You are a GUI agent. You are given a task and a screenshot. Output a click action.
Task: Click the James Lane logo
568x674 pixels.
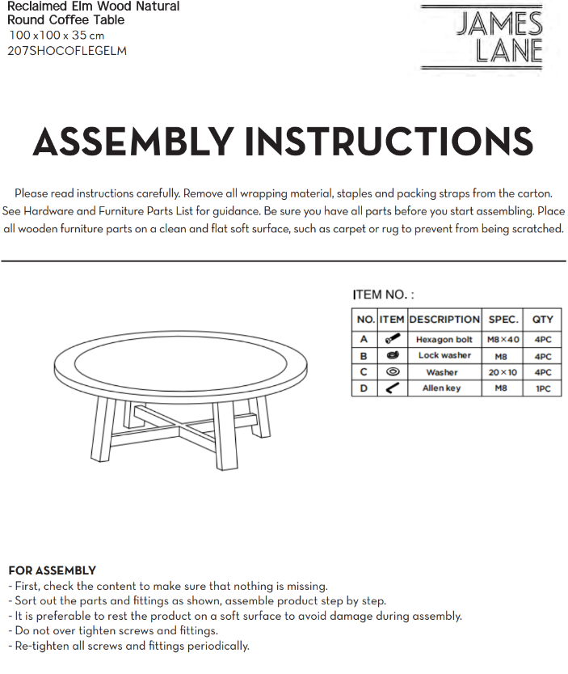tap(493, 36)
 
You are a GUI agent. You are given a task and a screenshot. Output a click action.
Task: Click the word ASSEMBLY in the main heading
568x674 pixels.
tap(133, 142)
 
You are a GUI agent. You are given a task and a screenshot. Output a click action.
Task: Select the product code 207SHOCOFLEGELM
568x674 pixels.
tap(67, 51)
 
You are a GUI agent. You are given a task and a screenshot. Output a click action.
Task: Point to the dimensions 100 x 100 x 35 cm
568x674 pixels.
tap(57, 36)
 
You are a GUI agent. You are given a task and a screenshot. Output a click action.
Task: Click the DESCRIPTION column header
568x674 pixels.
tap(444, 320)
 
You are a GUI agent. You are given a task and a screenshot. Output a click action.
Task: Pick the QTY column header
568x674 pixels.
tap(542, 320)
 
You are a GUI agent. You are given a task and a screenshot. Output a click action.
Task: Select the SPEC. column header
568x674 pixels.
tap(503, 320)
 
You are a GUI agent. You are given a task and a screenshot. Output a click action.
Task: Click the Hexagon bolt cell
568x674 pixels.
tap(444, 340)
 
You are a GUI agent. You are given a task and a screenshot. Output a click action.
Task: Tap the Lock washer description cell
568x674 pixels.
tap(444, 356)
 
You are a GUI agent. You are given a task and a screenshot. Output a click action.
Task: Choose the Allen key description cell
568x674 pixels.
tap(444, 388)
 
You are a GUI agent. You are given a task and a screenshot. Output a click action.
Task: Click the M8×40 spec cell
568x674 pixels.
tap(503, 340)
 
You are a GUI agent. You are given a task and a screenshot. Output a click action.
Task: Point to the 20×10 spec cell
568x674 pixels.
tap(503, 372)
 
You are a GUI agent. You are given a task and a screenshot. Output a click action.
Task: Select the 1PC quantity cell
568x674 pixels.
tap(542, 388)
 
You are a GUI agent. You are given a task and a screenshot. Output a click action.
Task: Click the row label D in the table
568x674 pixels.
tap(364, 388)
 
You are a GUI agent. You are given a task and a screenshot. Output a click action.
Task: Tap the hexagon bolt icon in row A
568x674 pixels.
tap(392, 340)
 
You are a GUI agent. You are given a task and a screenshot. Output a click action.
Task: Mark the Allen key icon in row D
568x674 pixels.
tap(392, 388)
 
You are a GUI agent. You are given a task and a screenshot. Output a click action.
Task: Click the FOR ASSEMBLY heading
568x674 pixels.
tap(52, 570)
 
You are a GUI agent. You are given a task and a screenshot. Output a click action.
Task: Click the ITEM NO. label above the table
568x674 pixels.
tap(383, 295)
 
